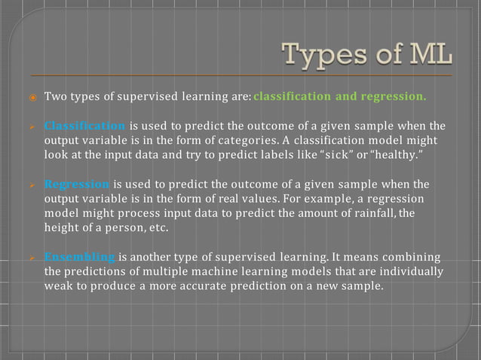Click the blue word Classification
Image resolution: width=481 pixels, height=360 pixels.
(x=84, y=125)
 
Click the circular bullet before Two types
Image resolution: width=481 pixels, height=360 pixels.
(x=32, y=97)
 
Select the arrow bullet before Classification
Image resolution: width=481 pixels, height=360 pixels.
(x=32, y=126)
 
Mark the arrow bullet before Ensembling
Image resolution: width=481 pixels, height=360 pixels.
(x=32, y=257)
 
